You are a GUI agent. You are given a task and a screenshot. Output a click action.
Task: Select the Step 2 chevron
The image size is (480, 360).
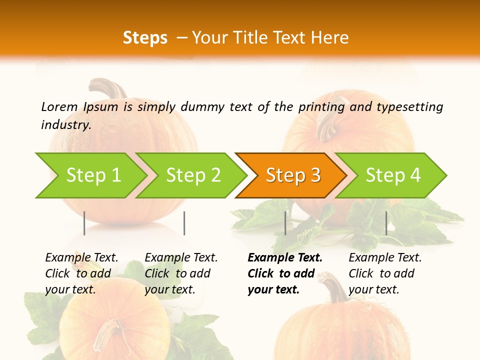pos(193,175)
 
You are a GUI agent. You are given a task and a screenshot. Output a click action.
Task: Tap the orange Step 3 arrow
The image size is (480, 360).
pos(293,175)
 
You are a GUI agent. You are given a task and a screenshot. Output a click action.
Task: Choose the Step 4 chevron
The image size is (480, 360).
pos(393,175)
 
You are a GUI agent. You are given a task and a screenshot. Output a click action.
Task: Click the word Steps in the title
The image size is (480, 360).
pos(145,38)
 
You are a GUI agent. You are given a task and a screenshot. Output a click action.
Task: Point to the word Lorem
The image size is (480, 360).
pos(59,106)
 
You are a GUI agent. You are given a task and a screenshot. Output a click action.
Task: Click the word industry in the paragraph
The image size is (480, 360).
pos(66,125)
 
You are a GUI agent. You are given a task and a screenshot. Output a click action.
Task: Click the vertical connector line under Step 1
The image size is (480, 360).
pos(84,223)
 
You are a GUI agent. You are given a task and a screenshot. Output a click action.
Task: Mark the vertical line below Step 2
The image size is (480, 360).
pos(184,223)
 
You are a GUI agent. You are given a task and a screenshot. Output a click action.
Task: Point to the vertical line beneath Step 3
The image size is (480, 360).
pos(285,223)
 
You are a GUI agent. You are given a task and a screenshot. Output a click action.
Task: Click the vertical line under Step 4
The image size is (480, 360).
pos(386,223)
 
